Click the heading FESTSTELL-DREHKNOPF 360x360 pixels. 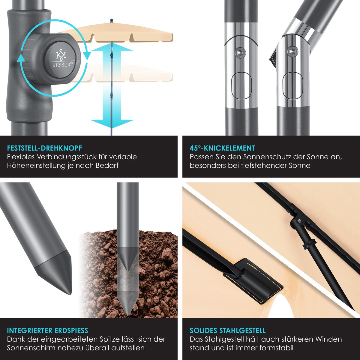pyautogui.click(x=44, y=148)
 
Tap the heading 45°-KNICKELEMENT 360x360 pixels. pyautogui.click(x=222, y=148)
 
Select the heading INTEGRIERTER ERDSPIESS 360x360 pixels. pyautogui.click(x=47, y=331)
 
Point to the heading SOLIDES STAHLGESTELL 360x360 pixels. pyautogui.click(x=227, y=331)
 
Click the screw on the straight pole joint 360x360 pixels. pyautogui.click(x=240, y=53)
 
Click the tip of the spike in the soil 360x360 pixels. pyautogui.click(x=128, y=315)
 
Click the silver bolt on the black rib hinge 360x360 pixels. pyautogui.click(x=299, y=220)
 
